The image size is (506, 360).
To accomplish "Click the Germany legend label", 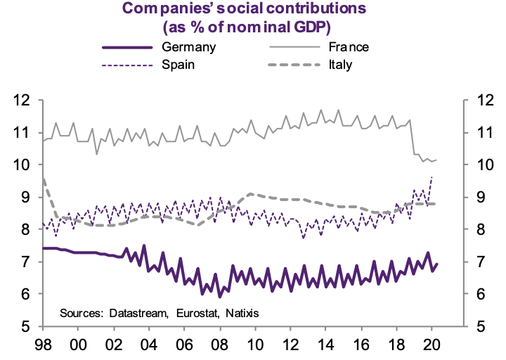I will point(188,48).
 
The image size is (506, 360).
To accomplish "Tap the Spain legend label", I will point(179,65).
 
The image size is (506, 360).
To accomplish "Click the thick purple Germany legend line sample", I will point(127,48).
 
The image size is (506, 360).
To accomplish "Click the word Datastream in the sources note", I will point(137,312).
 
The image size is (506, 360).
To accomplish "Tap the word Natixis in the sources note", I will point(239,312).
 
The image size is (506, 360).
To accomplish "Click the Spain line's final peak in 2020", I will point(431,177).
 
